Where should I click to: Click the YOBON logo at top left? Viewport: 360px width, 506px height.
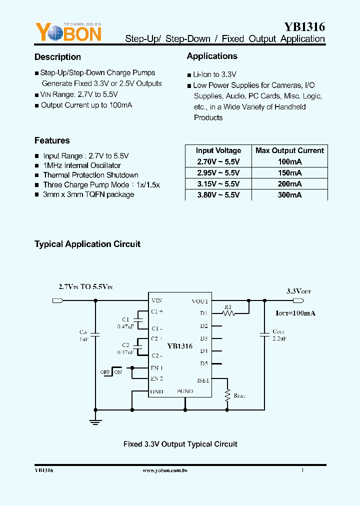68,33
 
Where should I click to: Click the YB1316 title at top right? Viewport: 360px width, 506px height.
304,27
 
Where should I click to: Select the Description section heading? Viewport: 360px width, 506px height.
57,57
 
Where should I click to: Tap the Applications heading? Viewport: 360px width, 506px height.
212,56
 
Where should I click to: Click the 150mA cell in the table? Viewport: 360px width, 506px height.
289,172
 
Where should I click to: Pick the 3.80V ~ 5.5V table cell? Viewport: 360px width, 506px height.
218,195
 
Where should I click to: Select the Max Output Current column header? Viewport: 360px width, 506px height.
289,150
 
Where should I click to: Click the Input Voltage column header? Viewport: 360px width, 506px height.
218,150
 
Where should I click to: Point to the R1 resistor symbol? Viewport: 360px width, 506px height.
229,313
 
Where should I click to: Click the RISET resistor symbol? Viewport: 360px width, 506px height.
227,395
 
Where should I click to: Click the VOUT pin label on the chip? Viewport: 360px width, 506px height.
199,301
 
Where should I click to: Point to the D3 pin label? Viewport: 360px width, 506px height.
203,338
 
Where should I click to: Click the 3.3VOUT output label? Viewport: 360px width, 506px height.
298,291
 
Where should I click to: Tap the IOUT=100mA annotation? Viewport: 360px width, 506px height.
295,313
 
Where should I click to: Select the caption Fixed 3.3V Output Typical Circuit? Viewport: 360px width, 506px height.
180,444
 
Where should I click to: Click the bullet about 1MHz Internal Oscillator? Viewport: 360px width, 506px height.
82,165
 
